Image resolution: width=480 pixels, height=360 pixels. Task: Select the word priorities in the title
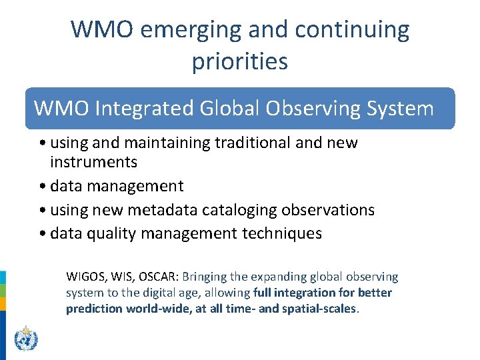[x=240, y=61]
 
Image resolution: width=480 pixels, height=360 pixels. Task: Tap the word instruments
[x=93, y=162]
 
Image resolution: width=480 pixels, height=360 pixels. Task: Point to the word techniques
[x=281, y=234]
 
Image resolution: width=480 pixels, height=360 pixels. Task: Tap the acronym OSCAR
[x=159, y=277]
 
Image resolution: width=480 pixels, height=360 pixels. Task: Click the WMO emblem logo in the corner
[x=26, y=339]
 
